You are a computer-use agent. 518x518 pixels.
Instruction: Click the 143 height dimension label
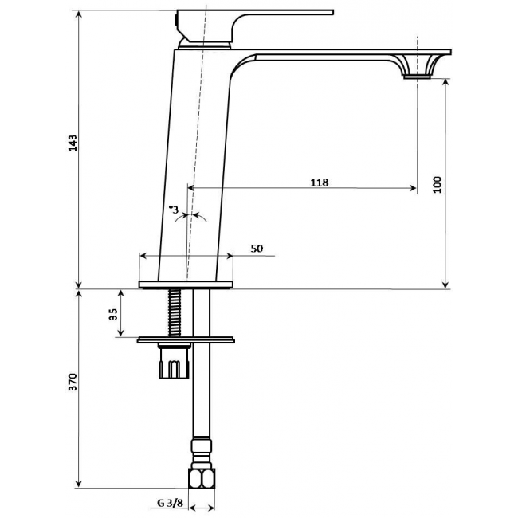coord(73,143)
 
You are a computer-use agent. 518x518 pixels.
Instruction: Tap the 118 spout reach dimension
coord(320,182)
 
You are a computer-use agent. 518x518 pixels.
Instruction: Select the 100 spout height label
coord(437,185)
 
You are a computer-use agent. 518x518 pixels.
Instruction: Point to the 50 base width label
coord(257,249)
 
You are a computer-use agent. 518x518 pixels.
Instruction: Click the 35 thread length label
coord(113,314)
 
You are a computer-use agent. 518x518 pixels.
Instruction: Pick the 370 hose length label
coord(73,382)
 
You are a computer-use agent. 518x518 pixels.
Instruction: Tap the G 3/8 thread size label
coord(170,503)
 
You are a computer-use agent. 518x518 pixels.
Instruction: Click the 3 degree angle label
coord(174,210)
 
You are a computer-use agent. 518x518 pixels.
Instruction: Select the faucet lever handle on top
coord(254,26)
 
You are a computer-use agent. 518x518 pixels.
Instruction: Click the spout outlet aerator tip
coord(417,77)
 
